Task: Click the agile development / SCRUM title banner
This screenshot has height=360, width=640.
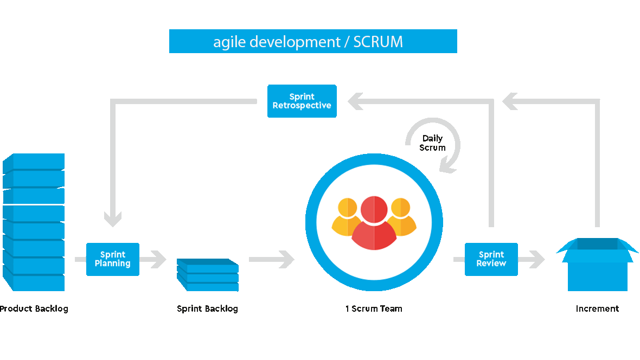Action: click(313, 41)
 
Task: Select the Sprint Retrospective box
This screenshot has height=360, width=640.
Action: click(302, 101)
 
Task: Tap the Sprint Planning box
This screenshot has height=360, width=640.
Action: click(113, 259)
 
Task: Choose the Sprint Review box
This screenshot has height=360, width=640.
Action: click(491, 259)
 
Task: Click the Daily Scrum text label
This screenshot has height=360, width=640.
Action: click(432, 143)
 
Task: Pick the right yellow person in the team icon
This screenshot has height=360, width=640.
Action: click(402, 217)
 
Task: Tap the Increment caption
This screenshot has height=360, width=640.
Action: click(597, 308)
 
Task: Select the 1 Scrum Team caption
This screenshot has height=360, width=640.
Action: click(374, 308)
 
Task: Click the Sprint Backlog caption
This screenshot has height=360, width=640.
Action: click(207, 308)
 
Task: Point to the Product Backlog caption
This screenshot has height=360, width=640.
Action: click(36, 308)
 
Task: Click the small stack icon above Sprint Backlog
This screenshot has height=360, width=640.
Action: click(208, 274)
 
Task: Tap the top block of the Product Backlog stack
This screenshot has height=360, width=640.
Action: click(34, 162)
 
